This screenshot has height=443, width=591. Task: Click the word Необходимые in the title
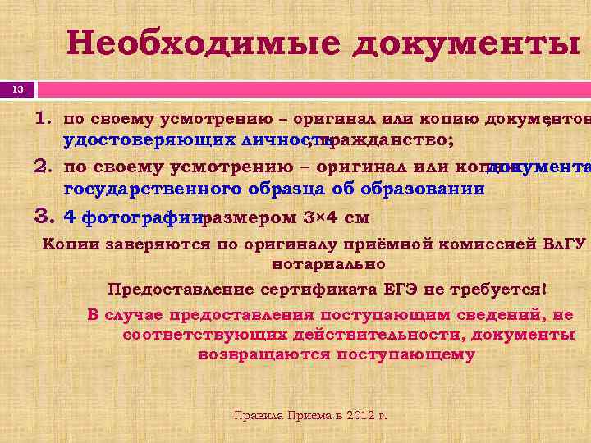click(203, 43)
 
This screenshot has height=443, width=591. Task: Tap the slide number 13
click(18, 88)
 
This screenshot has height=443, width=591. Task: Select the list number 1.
click(44, 116)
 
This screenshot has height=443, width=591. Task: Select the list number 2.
click(44, 167)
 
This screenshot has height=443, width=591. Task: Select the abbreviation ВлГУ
click(566, 244)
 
